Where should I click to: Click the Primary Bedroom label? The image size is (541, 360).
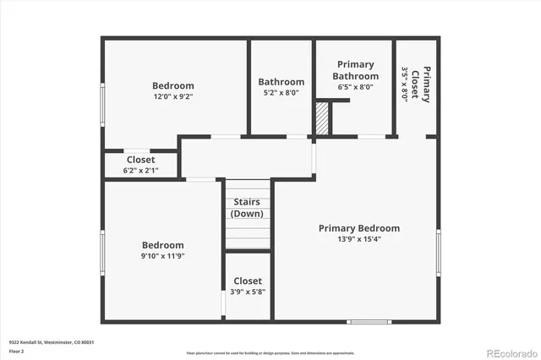click(x=358, y=228)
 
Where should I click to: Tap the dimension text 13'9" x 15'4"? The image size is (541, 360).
click(x=358, y=240)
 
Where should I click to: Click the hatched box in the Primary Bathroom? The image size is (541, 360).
click(x=321, y=119)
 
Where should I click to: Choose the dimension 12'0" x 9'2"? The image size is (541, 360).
click(x=173, y=97)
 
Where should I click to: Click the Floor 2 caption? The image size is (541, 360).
click(x=17, y=351)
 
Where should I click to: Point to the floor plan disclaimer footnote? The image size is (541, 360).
click(x=270, y=352)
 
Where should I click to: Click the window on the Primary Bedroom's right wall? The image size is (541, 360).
click(x=439, y=252)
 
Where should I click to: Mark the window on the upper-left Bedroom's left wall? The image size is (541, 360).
click(x=102, y=102)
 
